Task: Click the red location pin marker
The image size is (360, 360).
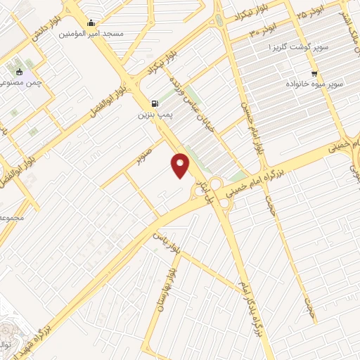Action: click(x=181, y=165)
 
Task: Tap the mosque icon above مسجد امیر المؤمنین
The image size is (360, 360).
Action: click(x=91, y=22)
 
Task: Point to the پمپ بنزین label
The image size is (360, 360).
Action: click(x=153, y=113)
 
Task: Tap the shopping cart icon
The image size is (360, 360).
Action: click(x=314, y=72)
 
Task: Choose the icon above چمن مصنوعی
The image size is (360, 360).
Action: click(x=19, y=71)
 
